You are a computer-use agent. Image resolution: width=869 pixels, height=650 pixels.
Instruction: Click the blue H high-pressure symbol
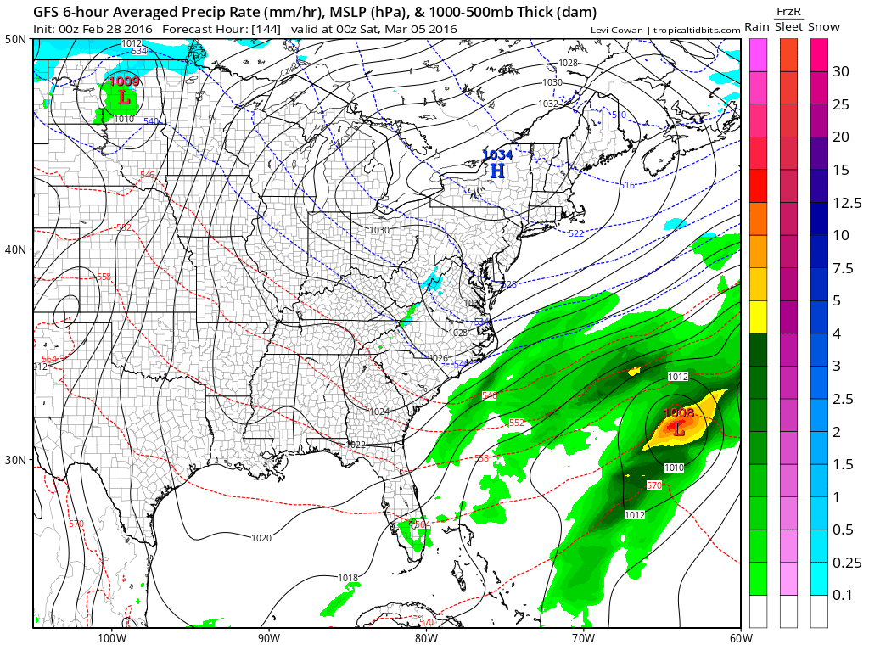[497, 171]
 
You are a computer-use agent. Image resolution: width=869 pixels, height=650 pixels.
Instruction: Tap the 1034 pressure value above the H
[497, 154]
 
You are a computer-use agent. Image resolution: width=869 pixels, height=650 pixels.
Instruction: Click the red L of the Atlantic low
[678, 429]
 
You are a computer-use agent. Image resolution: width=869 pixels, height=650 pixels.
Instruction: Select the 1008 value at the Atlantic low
[678, 413]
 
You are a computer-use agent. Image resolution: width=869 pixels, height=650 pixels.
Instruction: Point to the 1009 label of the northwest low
[125, 82]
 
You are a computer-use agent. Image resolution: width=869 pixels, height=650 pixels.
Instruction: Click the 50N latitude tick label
[16, 40]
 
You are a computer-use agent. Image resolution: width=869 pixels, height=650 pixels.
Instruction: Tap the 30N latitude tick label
[16, 459]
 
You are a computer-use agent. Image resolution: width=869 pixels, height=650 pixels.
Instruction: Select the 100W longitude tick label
[111, 639]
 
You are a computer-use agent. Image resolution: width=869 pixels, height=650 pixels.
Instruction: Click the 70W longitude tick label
[582, 639]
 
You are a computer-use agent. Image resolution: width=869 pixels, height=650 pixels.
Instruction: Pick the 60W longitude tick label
[739, 639]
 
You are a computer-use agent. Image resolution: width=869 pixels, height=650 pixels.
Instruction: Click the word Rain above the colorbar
[757, 27]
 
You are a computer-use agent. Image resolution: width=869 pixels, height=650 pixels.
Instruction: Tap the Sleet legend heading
[788, 27]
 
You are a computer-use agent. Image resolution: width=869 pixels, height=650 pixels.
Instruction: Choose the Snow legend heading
[823, 27]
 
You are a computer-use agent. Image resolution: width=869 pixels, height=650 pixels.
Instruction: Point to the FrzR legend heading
[788, 11]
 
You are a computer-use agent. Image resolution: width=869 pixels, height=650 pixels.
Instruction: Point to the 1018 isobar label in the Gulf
[348, 579]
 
